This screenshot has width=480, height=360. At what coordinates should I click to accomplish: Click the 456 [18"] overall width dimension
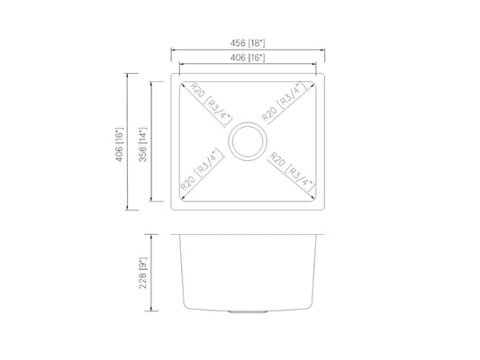248,43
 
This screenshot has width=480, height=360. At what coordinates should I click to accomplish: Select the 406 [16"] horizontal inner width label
248,58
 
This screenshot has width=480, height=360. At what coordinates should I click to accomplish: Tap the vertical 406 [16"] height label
119,144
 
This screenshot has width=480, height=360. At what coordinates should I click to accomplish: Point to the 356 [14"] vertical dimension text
143,144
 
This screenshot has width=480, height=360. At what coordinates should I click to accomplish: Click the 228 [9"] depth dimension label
143,273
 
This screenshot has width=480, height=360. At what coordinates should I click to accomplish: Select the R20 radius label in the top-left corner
212,103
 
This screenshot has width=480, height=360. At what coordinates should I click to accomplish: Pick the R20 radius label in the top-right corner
284,103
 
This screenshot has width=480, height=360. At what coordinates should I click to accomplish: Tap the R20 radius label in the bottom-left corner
202,169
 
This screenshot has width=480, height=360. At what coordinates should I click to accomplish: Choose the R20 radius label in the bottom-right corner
293,172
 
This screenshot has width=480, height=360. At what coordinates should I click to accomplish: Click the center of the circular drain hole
248,141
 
